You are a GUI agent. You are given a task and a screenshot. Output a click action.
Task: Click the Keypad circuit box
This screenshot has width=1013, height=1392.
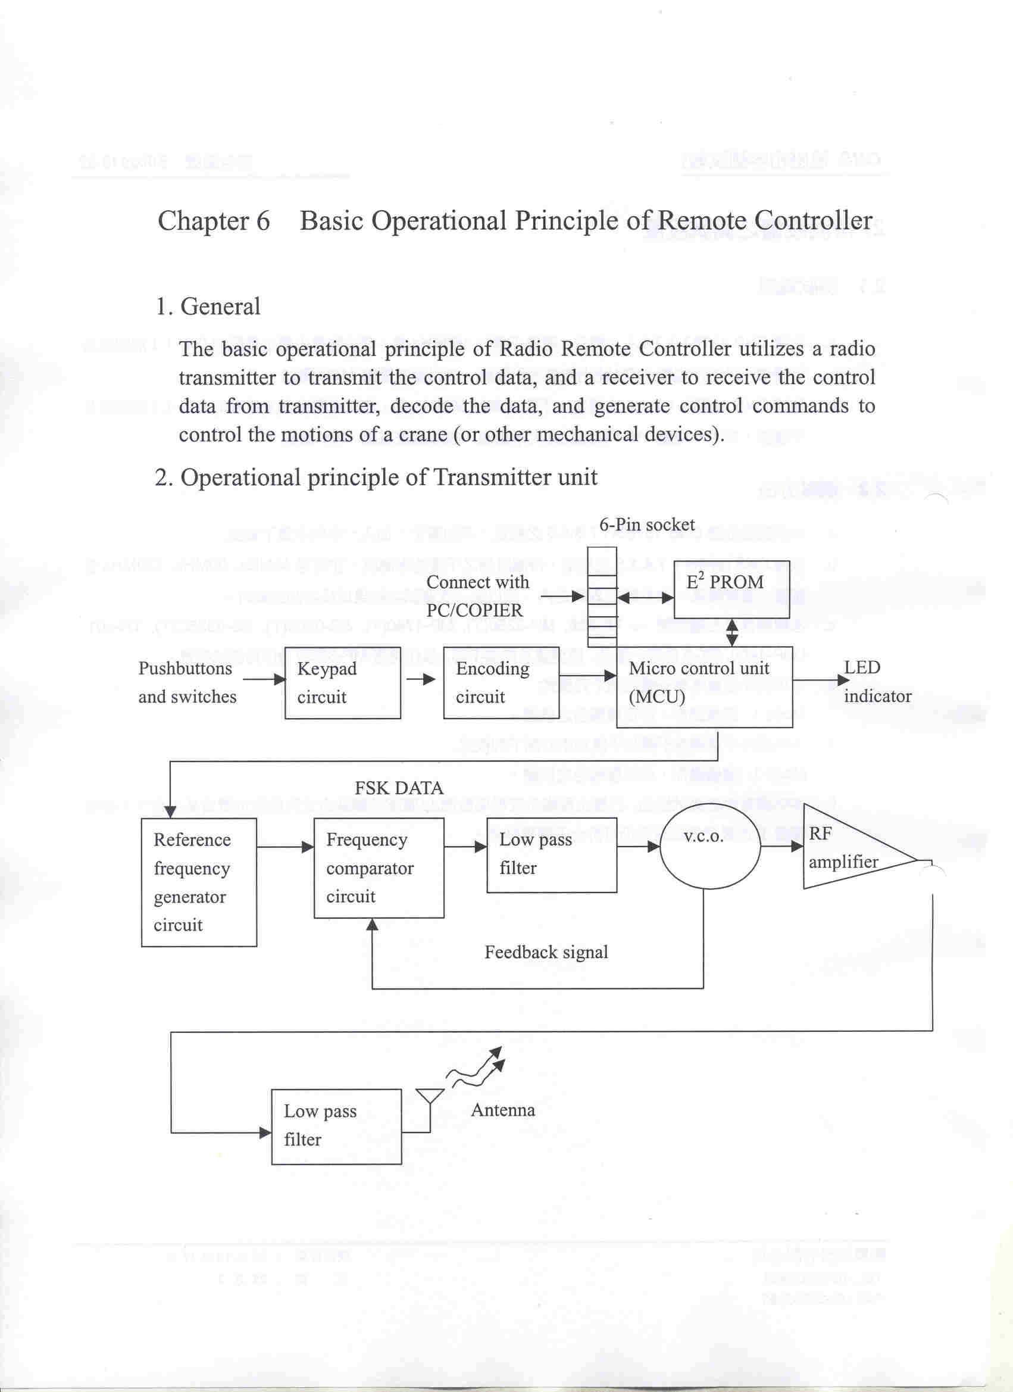click(342, 682)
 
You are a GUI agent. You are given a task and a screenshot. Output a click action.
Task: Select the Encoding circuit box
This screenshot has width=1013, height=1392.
click(501, 682)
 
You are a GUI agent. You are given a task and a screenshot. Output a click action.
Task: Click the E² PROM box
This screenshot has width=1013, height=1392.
click(730, 589)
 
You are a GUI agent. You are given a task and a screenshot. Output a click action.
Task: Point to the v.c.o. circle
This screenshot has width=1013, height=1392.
click(709, 845)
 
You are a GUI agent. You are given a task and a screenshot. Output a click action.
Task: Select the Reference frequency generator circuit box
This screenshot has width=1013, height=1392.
click(199, 882)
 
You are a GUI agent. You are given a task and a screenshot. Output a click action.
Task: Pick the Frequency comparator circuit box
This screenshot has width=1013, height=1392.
click(379, 868)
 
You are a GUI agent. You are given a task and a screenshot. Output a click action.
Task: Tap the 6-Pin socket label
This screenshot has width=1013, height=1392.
click(647, 525)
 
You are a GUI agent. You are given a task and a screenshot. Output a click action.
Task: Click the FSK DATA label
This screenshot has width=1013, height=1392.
click(399, 788)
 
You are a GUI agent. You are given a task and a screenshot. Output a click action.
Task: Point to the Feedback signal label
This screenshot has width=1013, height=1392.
click(546, 952)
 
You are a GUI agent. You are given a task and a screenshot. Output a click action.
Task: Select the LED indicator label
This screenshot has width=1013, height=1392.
click(876, 682)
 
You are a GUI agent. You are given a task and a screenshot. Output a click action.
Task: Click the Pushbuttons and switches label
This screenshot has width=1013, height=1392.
click(187, 682)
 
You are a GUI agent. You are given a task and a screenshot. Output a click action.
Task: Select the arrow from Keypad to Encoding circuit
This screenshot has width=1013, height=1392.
click(421, 679)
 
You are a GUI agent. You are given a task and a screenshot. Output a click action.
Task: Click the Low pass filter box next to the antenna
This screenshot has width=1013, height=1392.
click(336, 1126)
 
